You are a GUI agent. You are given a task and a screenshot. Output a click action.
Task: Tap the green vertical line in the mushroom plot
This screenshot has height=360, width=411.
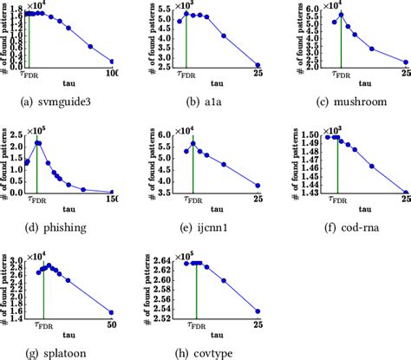coord(342,43)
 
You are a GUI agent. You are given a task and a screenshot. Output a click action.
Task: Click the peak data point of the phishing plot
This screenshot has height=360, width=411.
coord(37,142)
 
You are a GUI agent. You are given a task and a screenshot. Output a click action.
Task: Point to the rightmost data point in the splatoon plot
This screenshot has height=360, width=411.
coord(111,312)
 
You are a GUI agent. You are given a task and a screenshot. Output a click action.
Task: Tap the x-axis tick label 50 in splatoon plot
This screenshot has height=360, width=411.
coord(110,324)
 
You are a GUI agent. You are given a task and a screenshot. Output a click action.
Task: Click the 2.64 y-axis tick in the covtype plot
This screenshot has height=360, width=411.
coord(156,262)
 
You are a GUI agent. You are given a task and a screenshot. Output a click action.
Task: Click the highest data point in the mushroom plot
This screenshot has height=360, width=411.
coord(342,15)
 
